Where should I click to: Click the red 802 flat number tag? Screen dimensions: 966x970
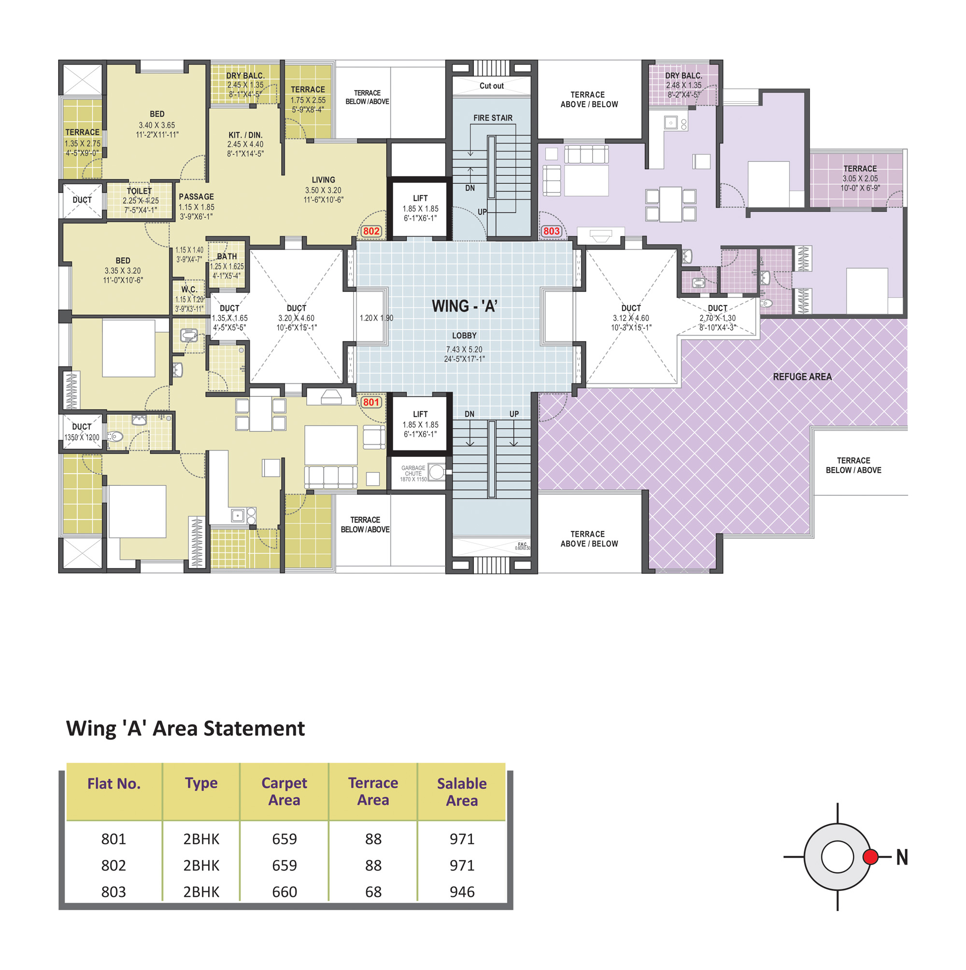pyautogui.click(x=371, y=231)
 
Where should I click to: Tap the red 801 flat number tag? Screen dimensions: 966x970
pyautogui.click(x=371, y=402)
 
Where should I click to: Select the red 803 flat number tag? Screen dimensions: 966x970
pyautogui.click(x=551, y=231)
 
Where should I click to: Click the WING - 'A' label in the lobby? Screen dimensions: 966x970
pyautogui.click(x=465, y=306)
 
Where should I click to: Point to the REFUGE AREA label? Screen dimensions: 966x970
pyautogui.click(x=802, y=377)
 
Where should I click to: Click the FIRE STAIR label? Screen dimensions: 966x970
pyautogui.click(x=493, y=117)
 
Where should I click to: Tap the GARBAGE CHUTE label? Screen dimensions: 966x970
pyautogui.click(x=413, y=470)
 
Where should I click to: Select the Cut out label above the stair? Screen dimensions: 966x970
pyautogui.click(x=491, y=86)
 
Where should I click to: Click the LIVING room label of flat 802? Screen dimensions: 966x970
pyautogui.click(x=323, y=180)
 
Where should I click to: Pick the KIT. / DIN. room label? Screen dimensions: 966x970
pyautogui.click(x=245, y=135)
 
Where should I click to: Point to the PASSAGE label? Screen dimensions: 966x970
pyautogui.click(x=197, y=197)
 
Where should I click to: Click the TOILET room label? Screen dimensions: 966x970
pyautogui.click(x=139, y=191)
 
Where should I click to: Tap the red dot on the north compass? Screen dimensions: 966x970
pyautogui.click(x=870, y=857)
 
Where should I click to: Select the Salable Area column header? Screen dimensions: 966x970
pyautogui.click(x=462, y=792)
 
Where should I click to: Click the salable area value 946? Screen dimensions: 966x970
pyautogui.click(x=462, y=892)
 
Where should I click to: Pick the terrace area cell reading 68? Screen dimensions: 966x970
pyautogui.click(x=373, y=892)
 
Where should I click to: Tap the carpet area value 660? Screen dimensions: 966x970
pyautogui.click(x=284, y=892)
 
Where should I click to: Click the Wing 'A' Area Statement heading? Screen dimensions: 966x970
pyautogui.click(x=185, y=729)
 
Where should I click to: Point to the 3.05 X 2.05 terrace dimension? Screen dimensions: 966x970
pyautogui.click(x=860, y=178)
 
